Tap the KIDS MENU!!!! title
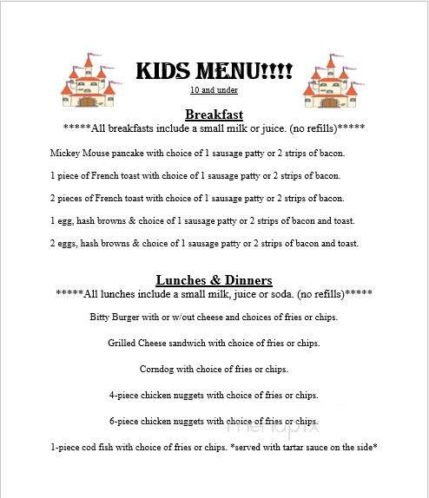[214, 71]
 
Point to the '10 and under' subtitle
[214, 90]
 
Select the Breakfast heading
[214, 115]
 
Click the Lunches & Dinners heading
[214, 280]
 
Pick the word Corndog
[156, 369]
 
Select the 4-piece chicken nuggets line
[214, 395]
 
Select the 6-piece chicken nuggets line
[214, 421]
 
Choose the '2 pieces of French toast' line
[197, 198]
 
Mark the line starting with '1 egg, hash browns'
[202, 220]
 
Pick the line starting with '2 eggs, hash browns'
[204, 243]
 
